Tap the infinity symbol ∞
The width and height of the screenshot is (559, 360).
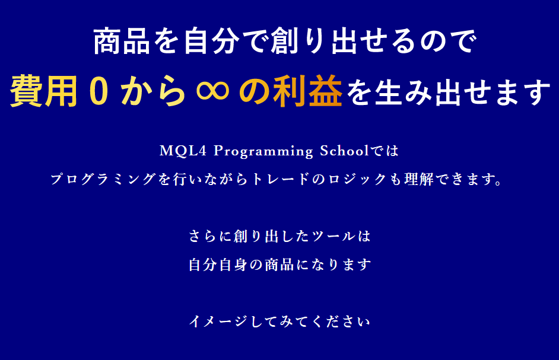tap(212, 91)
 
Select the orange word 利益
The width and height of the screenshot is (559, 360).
tap(307, 91)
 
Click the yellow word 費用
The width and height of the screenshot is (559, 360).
tap(43, 91)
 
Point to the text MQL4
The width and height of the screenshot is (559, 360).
tap(183, 151)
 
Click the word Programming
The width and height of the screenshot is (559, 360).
tap(263, 151)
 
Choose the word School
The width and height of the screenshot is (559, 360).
tap(344, 151)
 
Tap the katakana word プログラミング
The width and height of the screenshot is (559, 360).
tap(103, 179)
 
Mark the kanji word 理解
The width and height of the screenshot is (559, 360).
tap(419, 179)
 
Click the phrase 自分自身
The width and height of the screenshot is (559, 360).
tap(218, 265)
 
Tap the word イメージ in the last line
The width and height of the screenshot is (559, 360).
tap(218, 321)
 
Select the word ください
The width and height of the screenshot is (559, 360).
tap(341, 321)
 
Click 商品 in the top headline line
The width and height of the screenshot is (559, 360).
tap(122, 42)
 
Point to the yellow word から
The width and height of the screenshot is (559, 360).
tap(153, 91)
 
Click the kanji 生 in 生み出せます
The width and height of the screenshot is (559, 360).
tap(388, 92)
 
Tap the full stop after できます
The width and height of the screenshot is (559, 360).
tap(498, 183)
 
